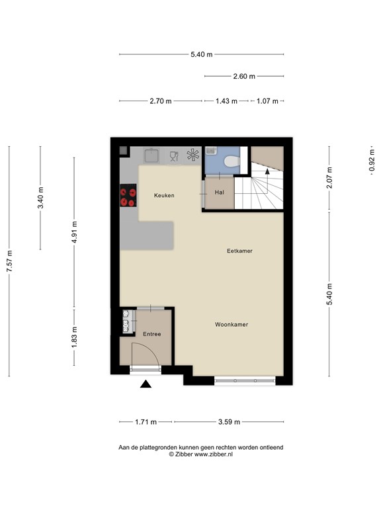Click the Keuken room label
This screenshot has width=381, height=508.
(x=163, y=195)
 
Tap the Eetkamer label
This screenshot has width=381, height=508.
(x=239, y=251)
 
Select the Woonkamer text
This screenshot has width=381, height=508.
(x=232, y=325)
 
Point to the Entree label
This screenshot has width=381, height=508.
(x=151, y=334)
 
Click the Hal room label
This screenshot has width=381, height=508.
(x=219, y=192)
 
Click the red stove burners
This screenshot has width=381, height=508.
(x=128, y=196)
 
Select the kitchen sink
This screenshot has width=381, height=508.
(x=151, y=156)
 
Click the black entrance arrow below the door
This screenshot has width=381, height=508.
(x=146, y=384)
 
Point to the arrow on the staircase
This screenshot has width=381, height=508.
(x=267, y=170)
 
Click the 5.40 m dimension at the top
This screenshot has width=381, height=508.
(x=201, y=55)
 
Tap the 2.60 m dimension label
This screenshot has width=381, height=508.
(x=244, y=76)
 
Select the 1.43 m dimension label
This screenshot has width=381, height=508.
(x=226, y=101)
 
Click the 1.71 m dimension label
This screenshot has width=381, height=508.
(x=145, y=421)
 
